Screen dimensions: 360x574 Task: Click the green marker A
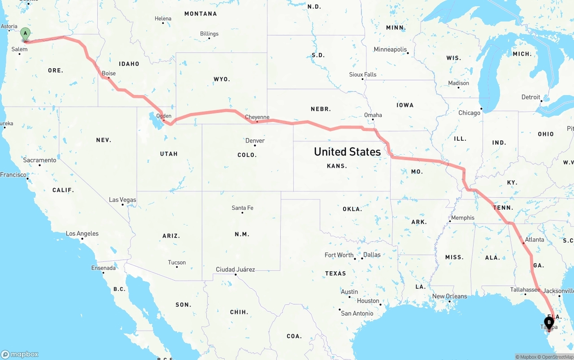tap(26, 34)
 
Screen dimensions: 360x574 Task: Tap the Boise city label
tap(109, 74)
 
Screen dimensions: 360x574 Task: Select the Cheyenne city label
tap(257, 117)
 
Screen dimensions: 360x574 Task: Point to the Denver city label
tap(255, 141)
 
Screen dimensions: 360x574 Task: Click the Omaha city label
tap(373, 115)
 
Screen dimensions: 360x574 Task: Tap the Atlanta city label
tap(534, 240)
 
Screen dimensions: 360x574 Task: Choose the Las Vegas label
tap(122, 200)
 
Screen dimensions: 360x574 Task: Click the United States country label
tap(347, 152)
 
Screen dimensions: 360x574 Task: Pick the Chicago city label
tap(469, 113)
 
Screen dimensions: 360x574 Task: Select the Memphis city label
tap(462, 218)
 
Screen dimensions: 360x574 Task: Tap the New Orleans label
tap(449, 296)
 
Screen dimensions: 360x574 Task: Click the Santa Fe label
tap(242, 208)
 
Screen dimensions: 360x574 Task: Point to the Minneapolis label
tap(390, 50)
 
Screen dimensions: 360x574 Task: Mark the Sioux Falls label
tap(363, 74)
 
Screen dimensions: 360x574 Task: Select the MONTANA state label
tap(200, 14)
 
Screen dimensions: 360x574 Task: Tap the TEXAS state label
tap(335, 273)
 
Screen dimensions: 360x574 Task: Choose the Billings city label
tap(209, 34)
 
